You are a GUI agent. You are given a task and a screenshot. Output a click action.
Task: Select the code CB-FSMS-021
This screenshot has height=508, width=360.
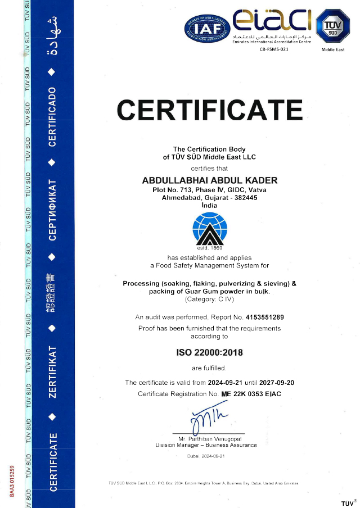tap(274, 49)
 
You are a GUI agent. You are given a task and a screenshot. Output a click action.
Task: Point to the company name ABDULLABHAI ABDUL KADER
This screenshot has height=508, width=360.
tap(210, 180)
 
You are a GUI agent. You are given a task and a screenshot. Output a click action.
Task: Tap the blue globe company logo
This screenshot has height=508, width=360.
tap(210, 229)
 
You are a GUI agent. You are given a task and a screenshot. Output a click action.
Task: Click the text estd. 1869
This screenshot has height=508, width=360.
tap(210, 248)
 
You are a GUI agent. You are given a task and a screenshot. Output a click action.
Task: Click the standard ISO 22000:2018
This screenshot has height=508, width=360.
tap(210, 353)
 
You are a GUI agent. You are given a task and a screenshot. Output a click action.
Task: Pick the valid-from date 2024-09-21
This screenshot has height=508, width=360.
tap(226, 383)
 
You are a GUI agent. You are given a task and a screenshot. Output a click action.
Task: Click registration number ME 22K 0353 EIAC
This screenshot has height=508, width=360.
tap(251, 394)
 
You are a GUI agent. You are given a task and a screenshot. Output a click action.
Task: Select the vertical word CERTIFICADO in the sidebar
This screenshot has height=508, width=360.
tap(52, 117)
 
